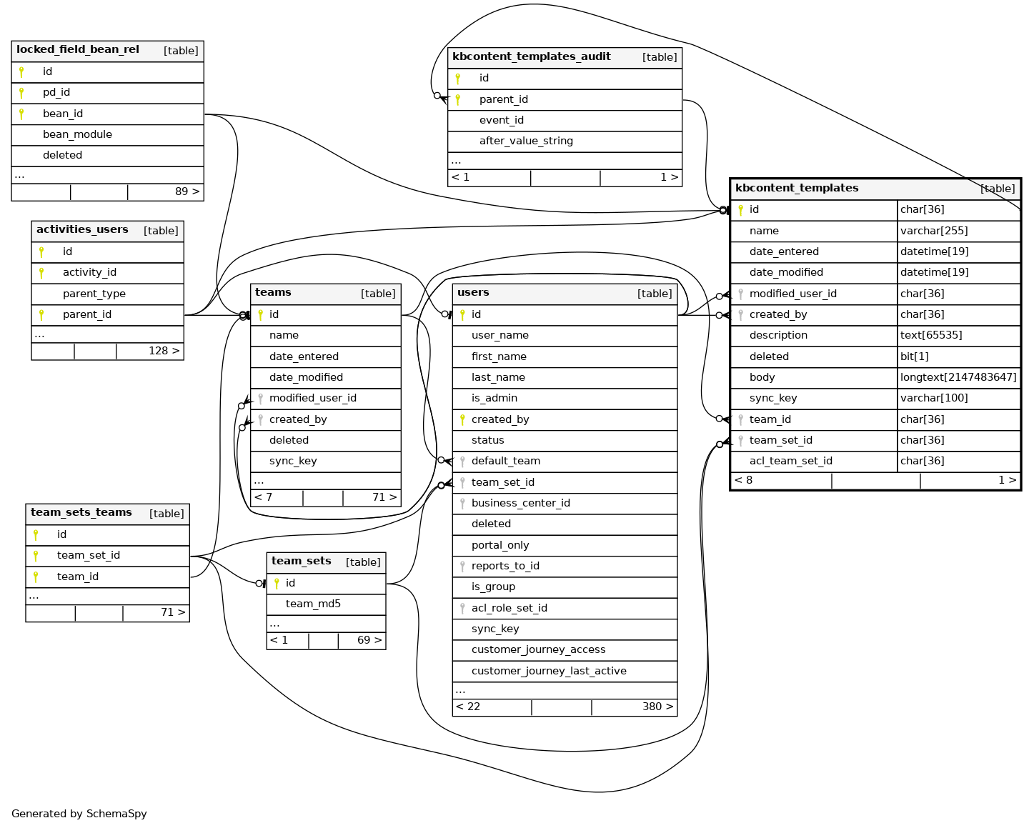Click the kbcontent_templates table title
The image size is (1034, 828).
(797, 188)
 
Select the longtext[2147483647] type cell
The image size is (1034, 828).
(958, 377)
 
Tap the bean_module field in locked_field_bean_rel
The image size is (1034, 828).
(77, 134)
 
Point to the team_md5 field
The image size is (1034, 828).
(313, 604)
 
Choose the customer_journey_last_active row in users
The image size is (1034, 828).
(549, 671)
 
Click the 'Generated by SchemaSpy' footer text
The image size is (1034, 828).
(79, 814)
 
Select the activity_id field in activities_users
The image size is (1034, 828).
(89, 272)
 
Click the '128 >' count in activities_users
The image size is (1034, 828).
(164, 351)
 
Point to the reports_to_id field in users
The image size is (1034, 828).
(505, 566)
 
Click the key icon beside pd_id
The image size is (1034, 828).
(21, 92)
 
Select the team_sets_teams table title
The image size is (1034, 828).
(81, 513)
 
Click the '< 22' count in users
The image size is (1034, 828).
(468, 707)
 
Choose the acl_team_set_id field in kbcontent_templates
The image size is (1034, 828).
(790, 461)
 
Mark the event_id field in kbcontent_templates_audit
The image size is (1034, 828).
(501, 120)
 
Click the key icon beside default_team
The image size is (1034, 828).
(462, 462)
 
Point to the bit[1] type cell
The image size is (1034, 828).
(915, 356)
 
